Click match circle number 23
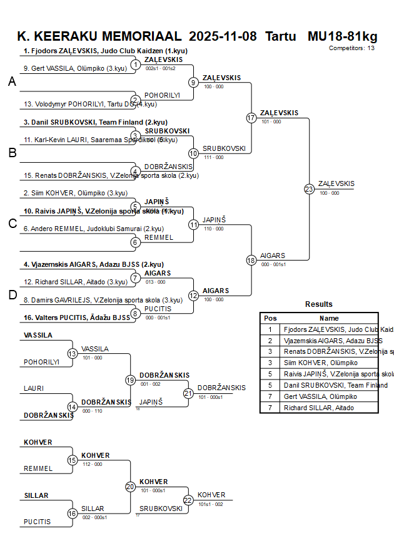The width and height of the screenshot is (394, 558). coord(309,189)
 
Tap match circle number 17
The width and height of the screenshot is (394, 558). coord(251,118)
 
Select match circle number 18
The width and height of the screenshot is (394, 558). coord(251,260)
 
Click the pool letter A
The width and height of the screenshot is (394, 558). coord(12,82)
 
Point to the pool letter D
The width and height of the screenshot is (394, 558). coord(12,295)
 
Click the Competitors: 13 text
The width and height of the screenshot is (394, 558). coord(352,48)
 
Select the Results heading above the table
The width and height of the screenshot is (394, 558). coord(319,304)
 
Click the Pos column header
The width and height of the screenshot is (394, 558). coord(270,318)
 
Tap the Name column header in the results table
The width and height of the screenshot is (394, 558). coord(329,318)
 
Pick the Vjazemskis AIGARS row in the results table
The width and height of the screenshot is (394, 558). coord(333,341)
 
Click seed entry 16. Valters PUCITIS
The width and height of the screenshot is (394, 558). coord(77,318)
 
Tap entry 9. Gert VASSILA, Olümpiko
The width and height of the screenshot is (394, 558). coord(73,68)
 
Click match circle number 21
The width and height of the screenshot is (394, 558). coord(188,393)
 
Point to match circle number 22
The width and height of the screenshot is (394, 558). coord(188,500)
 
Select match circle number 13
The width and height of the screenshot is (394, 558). coord(73,354)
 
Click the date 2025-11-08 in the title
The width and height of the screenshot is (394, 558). coord(223,36)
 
